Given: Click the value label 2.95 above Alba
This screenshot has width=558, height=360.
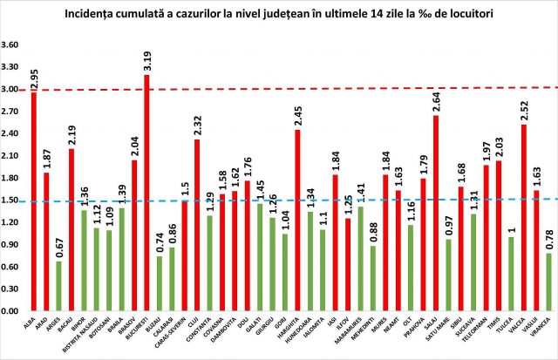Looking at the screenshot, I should click(x=34, y=80).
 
